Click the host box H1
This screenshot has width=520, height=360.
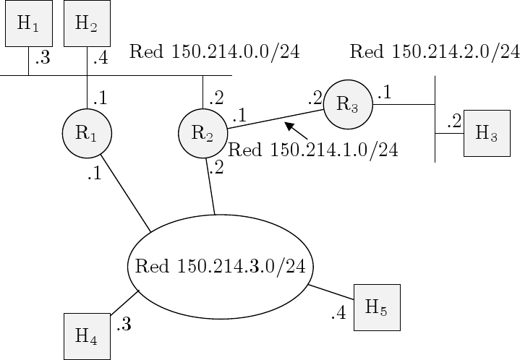click(28, 23)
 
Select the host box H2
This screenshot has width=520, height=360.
click(87, 23)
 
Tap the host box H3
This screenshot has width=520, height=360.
click(486, 133)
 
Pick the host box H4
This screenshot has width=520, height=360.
click(87, 336)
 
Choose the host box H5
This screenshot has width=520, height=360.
click(376, 307)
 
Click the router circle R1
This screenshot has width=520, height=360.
click(87, 132)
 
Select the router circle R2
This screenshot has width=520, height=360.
click(203, 132)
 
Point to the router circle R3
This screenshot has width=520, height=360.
click(347, 104)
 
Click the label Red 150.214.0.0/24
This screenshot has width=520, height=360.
click(214, 51)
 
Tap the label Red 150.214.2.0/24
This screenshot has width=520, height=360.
click(434, 51)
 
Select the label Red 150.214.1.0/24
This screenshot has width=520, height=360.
click(312, 150)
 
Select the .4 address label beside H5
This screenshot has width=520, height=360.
click(338, 314)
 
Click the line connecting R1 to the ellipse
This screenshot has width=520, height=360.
click(125, 193)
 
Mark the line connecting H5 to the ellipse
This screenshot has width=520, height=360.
click(331, 291)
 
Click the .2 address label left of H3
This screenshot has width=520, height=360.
click(453, 122)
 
